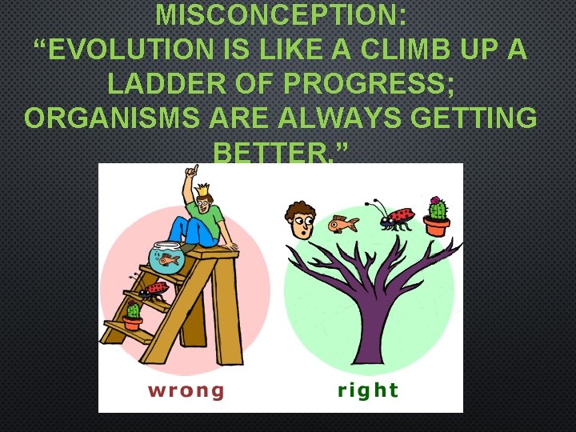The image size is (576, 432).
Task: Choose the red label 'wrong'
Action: tap(186, 390)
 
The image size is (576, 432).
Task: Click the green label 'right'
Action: tap(367, 390)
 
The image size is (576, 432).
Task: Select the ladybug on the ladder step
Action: tap(154, 288)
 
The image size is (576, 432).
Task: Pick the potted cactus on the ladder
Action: tap(133, 315)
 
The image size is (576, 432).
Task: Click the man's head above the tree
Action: tap(301, 219)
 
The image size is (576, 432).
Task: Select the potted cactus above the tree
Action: tap(437, 215)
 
